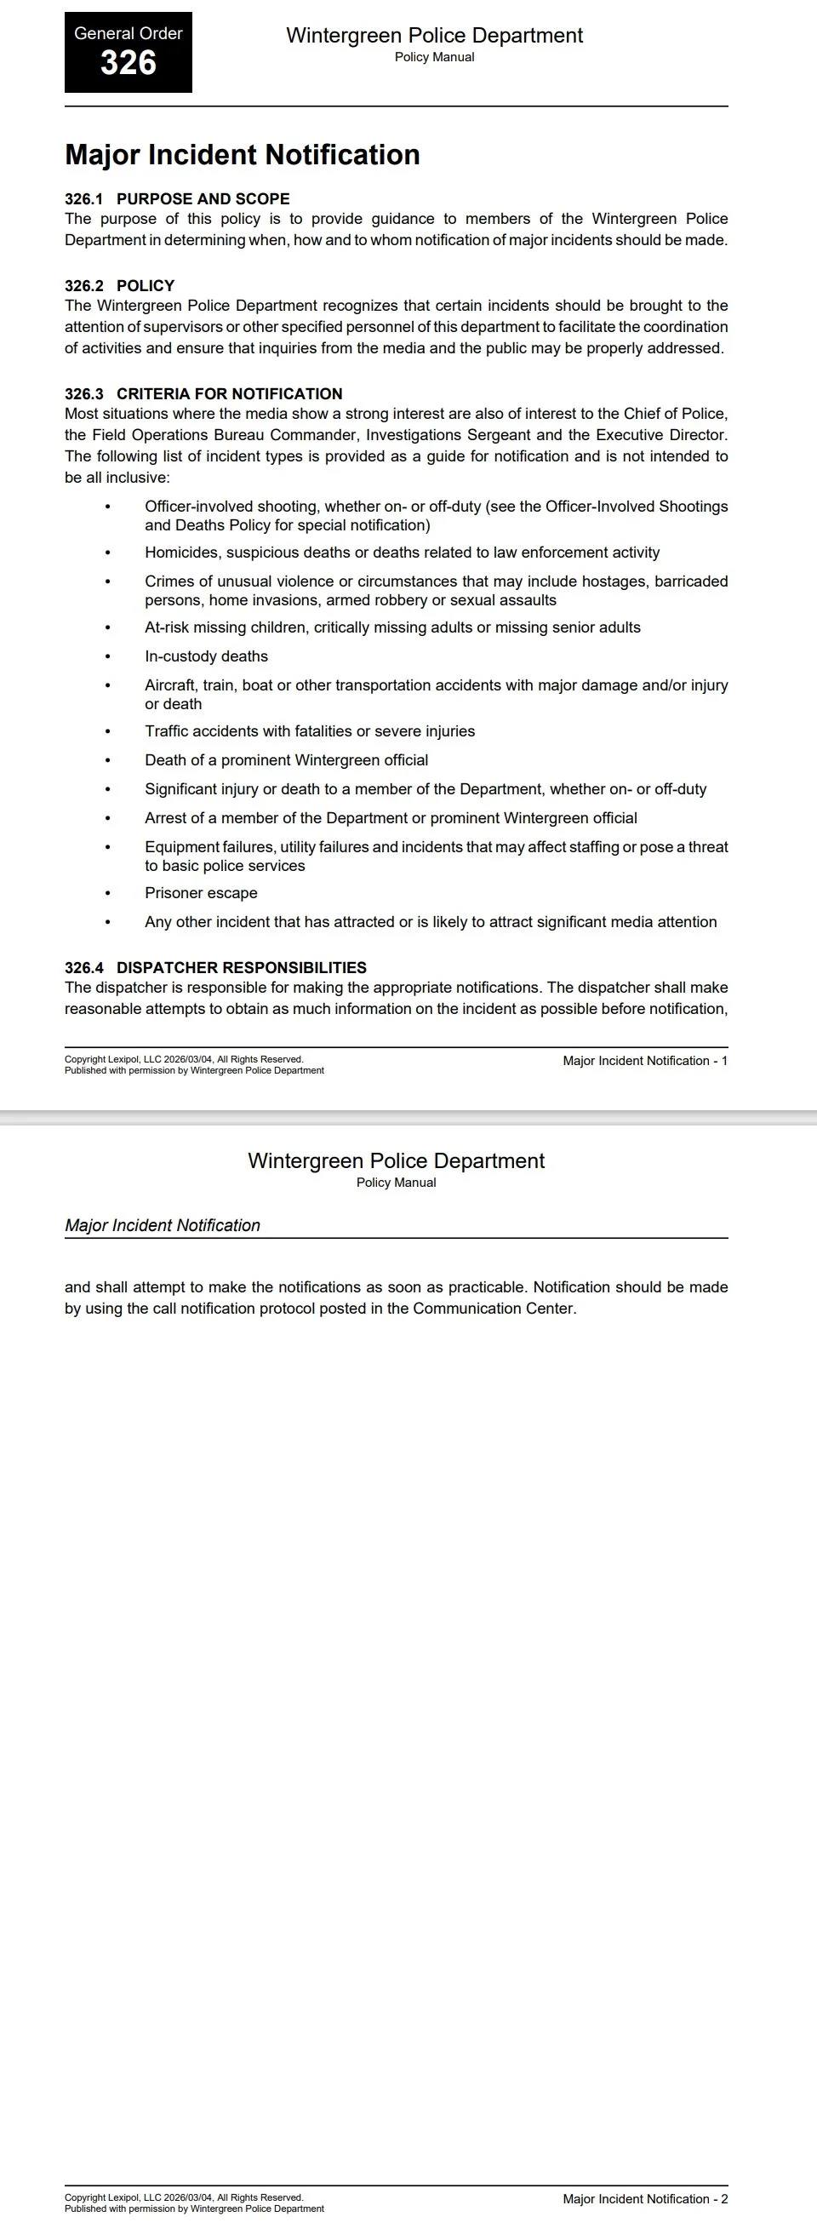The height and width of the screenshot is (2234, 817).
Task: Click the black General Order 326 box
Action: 129,52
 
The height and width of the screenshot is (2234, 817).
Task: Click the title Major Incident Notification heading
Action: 242,154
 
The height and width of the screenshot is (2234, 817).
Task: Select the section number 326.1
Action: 83,198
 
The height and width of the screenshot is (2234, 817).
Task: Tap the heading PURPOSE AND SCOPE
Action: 203,198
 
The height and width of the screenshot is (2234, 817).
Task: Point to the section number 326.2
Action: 83,285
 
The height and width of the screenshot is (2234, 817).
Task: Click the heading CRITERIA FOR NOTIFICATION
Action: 229,393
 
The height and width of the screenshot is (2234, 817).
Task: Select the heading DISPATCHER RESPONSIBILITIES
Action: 241,967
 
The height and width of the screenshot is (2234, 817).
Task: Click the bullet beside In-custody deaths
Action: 107,656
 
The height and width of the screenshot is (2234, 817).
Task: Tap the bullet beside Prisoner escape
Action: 107,893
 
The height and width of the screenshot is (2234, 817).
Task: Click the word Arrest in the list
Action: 167,818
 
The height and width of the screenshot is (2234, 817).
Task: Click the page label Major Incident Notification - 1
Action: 644,1061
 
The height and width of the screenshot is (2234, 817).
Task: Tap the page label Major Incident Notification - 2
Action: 644,2198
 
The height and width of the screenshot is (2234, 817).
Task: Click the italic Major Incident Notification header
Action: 163,1225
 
